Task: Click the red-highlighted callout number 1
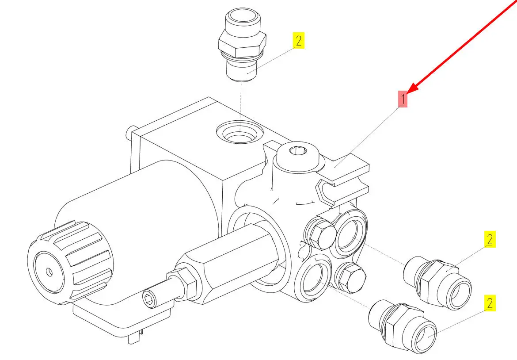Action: pyautogui.click(x=403, y=99)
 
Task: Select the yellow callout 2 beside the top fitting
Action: pyautogui.click(x=298, y=40)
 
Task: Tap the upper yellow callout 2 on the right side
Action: pyautogui.click(x=490, y=239)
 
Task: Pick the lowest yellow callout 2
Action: pyautogui.click(x=490, y=303)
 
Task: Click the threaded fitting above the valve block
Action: pyautogui.click(x=242, y=45)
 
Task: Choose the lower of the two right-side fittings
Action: pyautogui.click(x=402, y=326)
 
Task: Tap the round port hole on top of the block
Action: pyautogui.click(x=240, y=132)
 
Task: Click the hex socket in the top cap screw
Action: pyautogui.click(x=298, y=151)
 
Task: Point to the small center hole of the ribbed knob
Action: pyautogui.click(x=49, y=272)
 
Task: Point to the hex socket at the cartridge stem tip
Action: pyautogui.click(x=148, y=300)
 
